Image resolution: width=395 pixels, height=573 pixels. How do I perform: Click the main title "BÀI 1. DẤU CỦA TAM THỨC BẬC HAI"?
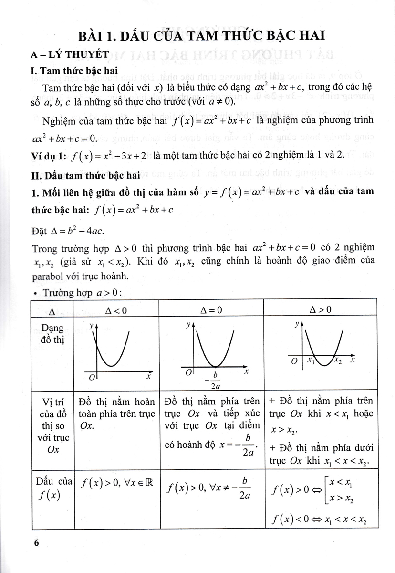pyautogui.click(x=197, y=37)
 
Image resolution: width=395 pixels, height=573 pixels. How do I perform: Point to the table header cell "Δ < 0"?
pyautogui.click(x=116, y=310)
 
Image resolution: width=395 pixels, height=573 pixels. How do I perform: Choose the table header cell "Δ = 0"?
pyautogui.click(x=212, y=310)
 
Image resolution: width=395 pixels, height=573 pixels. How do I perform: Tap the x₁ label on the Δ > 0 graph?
pyautogui.click(x=310, y=360)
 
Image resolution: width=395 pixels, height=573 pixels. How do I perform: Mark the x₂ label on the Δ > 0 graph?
pyautogui.click(x=337, y=360)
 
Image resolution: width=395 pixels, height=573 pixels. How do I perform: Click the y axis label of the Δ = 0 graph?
pyautogui.click(x=188, y=325)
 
